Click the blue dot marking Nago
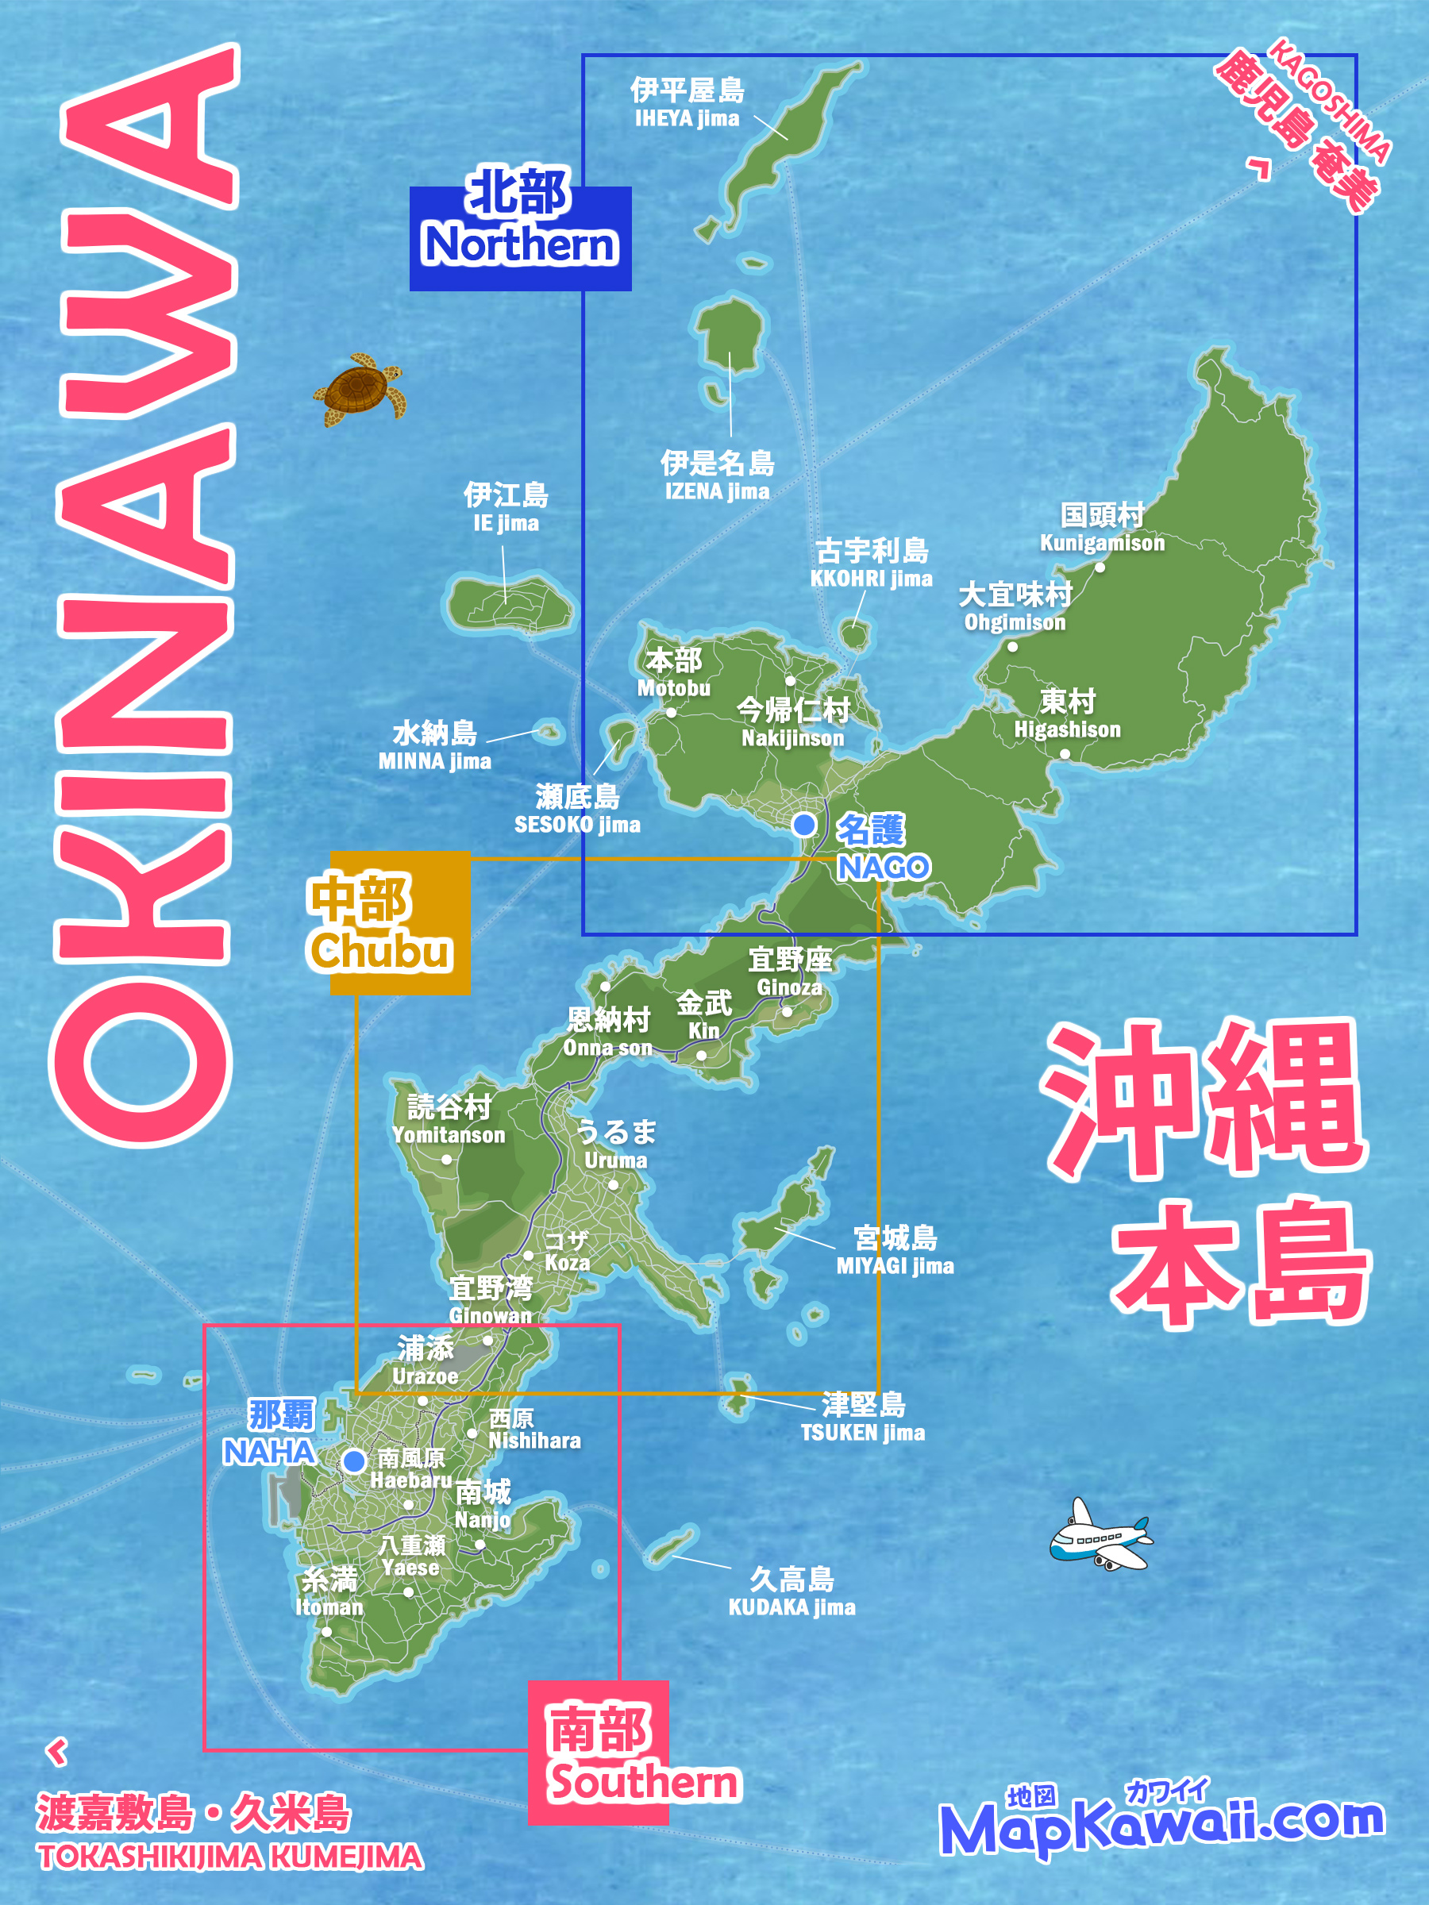pyautogui.click(x=803, y=824)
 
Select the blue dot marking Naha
pyautogui.click(x=353, y=1460)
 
